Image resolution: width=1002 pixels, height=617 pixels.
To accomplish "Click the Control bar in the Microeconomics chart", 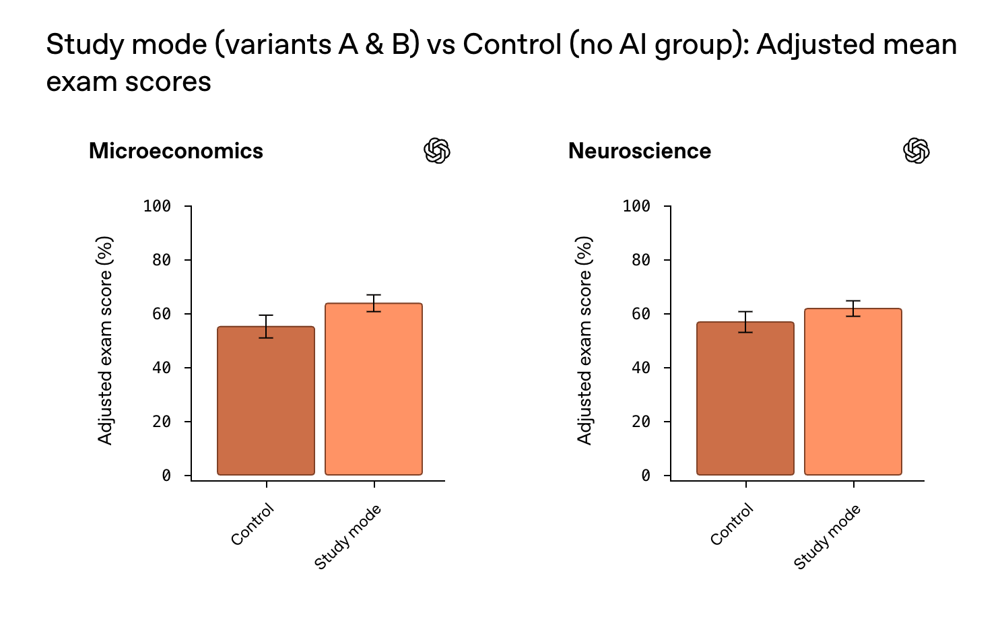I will point(266,404).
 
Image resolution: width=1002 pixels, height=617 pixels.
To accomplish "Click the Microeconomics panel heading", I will point(176,151).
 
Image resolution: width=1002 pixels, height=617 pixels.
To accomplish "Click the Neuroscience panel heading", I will point(640,151).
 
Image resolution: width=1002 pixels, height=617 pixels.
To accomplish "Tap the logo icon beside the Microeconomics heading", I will point(437,151).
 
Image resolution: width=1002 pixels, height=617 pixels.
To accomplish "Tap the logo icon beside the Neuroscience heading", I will point(916,151).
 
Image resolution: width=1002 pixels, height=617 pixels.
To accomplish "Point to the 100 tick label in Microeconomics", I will point(157,206).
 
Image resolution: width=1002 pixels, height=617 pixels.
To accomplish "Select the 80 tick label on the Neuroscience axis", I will point(641,260).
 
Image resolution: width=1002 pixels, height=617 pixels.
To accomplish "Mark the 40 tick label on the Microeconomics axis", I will point(162,368).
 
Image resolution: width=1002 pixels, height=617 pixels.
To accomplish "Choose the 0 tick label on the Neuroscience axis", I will point(646,476).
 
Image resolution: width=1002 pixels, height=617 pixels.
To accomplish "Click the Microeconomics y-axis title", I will point(105,340).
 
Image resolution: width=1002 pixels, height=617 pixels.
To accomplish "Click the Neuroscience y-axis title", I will point(584,340).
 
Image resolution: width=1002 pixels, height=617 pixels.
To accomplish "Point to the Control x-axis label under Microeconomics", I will point(253,525).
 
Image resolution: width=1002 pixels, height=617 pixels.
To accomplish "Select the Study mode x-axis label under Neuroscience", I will point(828,537).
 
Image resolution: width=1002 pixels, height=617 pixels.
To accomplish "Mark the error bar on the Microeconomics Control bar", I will point(266,326).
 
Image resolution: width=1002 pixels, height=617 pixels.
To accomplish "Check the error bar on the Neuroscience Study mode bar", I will point(853,308).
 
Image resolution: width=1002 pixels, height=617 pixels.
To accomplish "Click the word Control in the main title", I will point(512,44).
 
